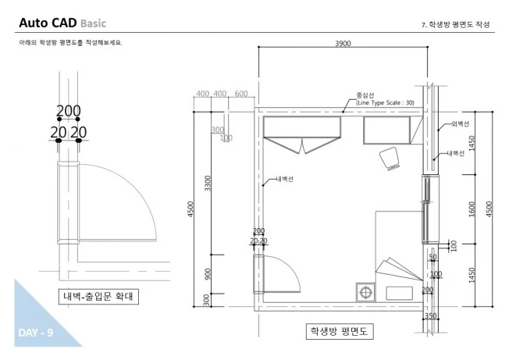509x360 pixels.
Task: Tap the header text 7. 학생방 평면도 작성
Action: (456, 24)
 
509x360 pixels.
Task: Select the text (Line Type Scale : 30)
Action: (386, 102)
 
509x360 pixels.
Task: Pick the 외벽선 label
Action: (461, 124)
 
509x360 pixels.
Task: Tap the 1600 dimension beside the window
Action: (472, 209)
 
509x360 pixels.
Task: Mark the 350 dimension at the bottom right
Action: (431, 316)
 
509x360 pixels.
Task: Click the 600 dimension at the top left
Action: (240, 94)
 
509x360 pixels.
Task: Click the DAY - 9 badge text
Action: (34, 333)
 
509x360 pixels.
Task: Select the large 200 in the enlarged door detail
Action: (69, 112)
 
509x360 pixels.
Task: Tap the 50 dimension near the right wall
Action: (432, 257)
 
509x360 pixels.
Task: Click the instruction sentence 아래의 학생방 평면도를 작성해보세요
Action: (71, 42)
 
